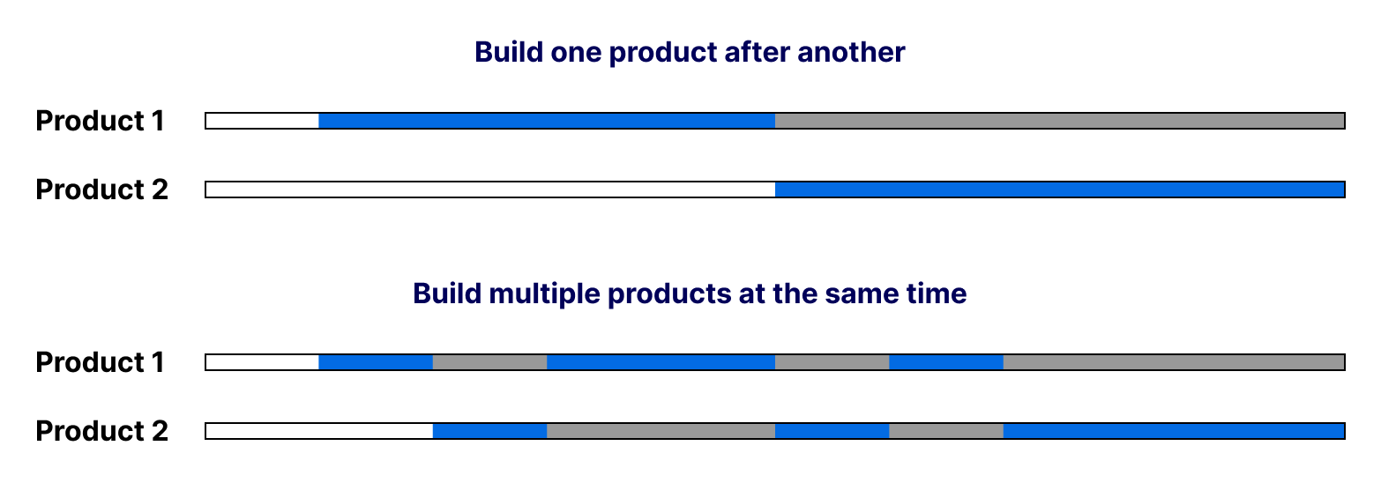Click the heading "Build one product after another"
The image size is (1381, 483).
point(690,52)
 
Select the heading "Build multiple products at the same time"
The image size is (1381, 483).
point(690,294)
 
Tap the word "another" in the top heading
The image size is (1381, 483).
point(851,52)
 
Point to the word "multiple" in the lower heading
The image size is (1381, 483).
point(544,294)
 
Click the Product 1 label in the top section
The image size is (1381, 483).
point(100,121)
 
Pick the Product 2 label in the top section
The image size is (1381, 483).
point(101,189)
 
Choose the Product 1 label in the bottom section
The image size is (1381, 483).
point(100,362)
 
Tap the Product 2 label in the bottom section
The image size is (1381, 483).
point(101,431)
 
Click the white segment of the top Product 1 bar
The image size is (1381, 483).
point(262,121)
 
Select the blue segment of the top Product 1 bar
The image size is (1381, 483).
point(547,121)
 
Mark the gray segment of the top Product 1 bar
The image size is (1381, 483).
point(1060,121)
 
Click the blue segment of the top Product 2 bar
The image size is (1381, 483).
point(1060,189)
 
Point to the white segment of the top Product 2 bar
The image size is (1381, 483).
point(490,189)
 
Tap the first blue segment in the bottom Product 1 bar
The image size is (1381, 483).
point(376,362)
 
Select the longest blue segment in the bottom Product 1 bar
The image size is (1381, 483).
point(661,362)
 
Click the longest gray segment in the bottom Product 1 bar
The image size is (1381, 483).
point(1174,362)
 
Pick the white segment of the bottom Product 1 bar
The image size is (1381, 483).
point(262,362)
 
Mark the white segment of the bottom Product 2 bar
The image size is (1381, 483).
point(318,431)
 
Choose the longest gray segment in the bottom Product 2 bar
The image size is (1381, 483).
point(661,431)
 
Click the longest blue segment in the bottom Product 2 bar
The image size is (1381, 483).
point(1174,431)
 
